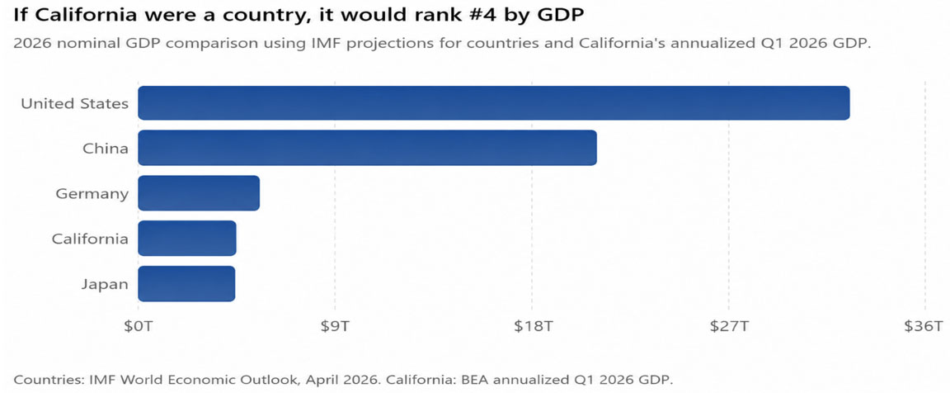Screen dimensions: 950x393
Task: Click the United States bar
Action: (x=494, y=103)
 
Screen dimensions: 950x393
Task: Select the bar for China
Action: (x=367, y=148)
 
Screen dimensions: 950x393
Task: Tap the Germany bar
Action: (x=199, y=193)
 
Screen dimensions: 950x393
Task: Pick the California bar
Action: (x=187, y=239)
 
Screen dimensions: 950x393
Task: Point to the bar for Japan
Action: (x=186, y=284)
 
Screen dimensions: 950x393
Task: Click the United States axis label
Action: (x=74, y=104)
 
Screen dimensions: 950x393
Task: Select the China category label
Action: (x=106, y=149)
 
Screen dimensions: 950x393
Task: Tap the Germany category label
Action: (x=92, y=194)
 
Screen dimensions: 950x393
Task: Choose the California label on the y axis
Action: (x=90, y=239)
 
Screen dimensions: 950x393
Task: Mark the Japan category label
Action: (x=106, y=285)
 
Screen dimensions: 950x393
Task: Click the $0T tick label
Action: (x=139, y=326)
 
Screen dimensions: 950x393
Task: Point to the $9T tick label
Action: (x=335, y=326)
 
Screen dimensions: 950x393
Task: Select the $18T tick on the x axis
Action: (x=532, y=326)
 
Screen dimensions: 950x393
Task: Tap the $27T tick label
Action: (x=729, y=326)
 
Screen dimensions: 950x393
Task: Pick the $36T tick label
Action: (x=924, y=326)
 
